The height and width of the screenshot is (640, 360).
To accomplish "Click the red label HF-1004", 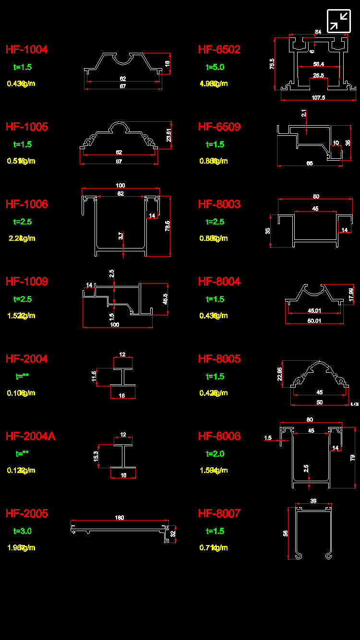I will tap(26, 49).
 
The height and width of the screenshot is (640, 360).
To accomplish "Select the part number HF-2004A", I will tap(30, 436).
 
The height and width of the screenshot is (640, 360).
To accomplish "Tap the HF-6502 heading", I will tap(219, 49).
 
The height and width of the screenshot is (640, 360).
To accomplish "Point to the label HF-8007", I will tap(219, 513).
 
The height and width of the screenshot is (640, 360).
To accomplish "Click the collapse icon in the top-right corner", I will tap(339, 21).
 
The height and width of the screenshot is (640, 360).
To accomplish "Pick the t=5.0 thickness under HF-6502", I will tap(215, 67).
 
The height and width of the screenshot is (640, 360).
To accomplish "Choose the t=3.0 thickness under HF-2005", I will tap(23, 531).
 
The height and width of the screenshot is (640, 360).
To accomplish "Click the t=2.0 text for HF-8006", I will tap(215, 454).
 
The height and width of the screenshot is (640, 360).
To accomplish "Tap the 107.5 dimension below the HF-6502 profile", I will tap(318, 97).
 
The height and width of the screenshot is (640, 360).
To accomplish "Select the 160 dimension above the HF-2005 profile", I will tap(120, 518).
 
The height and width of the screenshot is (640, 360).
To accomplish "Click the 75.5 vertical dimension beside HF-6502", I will tap(272, 64).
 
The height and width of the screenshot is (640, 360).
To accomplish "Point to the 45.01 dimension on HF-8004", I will tap(314, 310).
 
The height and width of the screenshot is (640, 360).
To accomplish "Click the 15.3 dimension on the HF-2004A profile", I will tap(96, 457).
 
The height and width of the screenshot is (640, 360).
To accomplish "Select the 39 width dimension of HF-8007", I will tap(313, 501).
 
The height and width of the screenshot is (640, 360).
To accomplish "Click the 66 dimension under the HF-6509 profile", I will tap(310, 164).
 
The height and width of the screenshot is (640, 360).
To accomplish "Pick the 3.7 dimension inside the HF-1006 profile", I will tap(121, 236).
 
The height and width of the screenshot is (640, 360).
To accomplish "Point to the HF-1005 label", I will tap(26, 127).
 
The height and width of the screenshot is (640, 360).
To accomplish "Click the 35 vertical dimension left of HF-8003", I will tap(268, 230).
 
